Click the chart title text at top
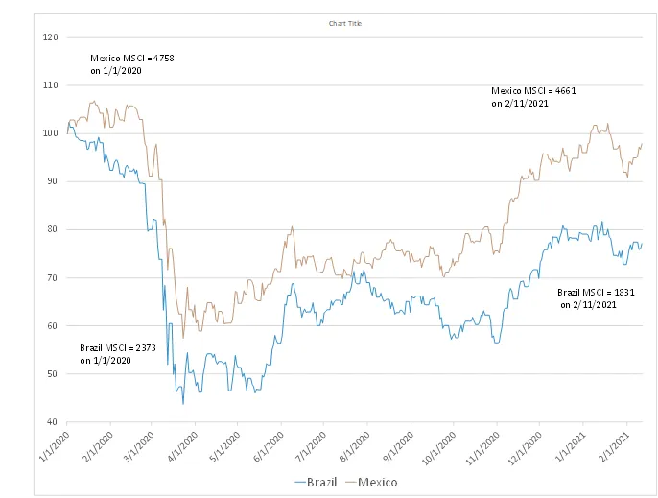345,24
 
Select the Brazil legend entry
316,482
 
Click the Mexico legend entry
371,482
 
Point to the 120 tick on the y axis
50,37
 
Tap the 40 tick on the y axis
53,422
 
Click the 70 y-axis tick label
53,278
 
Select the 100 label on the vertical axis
50,133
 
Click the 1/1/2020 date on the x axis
55,446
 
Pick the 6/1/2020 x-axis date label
269,446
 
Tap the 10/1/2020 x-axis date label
438,447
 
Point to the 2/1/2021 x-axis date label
615,446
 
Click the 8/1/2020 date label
355,446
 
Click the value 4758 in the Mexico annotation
164,58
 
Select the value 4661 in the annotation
566,91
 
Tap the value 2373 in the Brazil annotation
146,347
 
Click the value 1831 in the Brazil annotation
624,293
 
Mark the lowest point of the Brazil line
183,404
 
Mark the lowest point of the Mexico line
183,338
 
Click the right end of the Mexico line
642,144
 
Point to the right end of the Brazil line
642,244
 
